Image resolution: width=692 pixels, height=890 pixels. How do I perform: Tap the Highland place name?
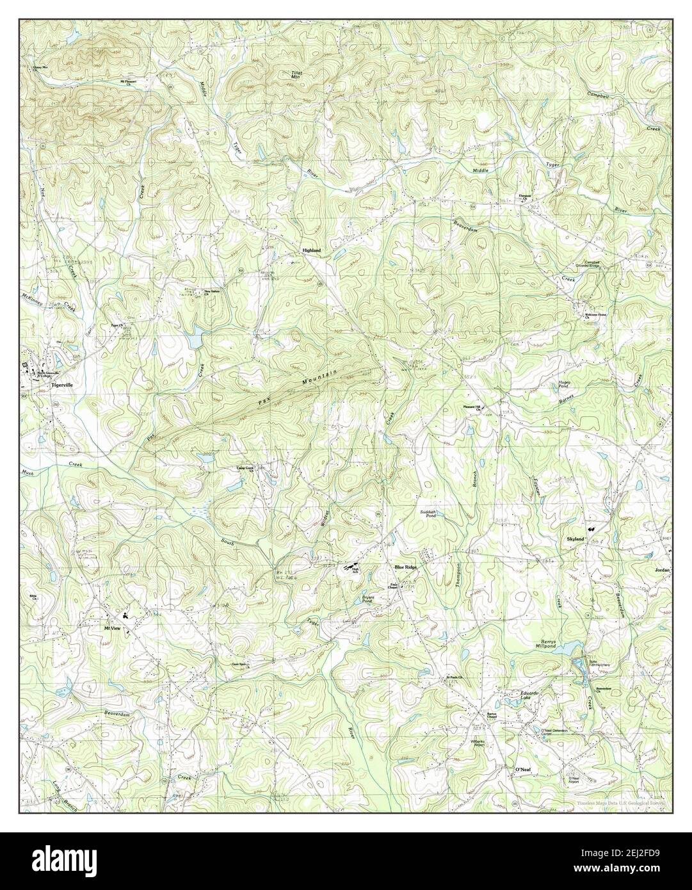(312, 250)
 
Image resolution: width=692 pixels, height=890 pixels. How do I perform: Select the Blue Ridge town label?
(408, 567)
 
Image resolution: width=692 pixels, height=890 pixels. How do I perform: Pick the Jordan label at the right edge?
(663, 569)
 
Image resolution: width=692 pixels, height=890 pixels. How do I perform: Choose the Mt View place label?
(113, 628)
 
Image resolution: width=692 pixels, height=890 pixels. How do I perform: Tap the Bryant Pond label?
(367, 600)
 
